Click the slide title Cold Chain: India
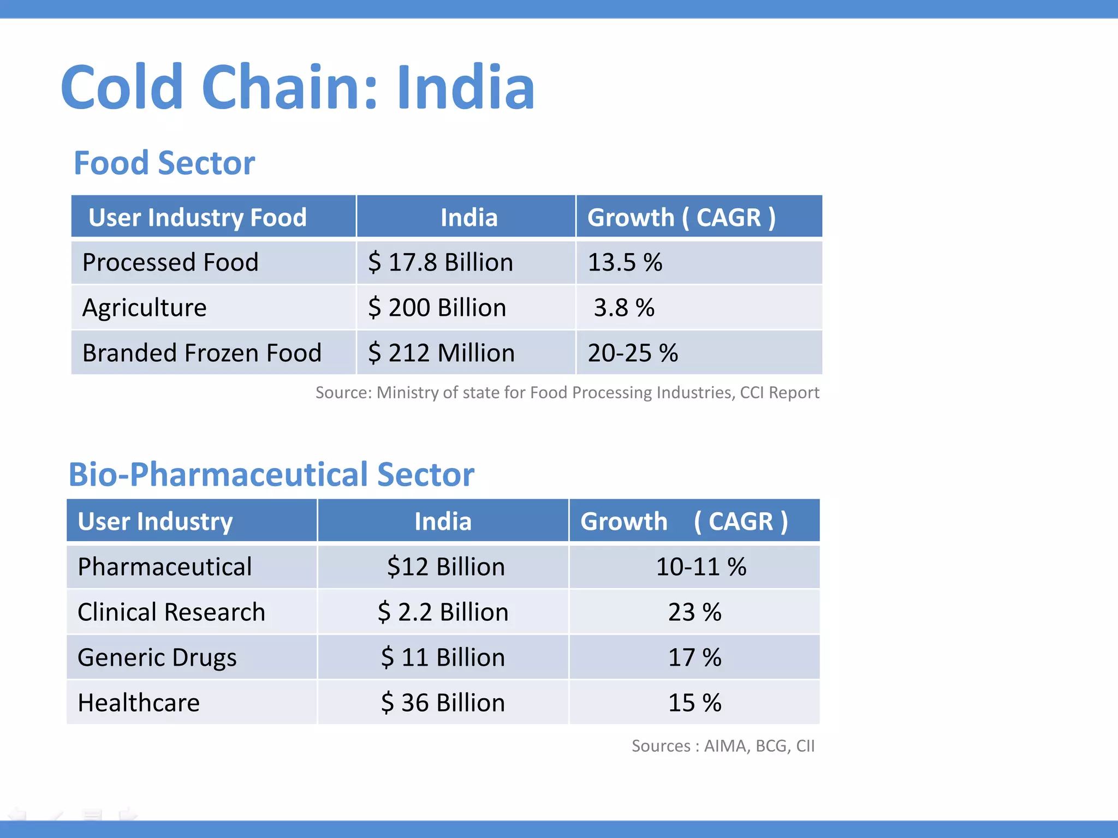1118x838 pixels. pyautogui.click(x=298, y=87)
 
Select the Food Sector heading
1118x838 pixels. pyautogui.click(x=164, y=163)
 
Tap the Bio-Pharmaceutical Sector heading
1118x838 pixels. pyautogui.click(x=271, y=474)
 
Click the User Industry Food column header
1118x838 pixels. pyautogui.click(x=197, y=217)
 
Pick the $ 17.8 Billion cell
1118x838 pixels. pyautogui.click(x=440, y=262)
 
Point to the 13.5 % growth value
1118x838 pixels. pyautogui.click(x=625, y=262)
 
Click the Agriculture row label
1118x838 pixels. pyautogui.click(x=145, y=308)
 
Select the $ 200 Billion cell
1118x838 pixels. pyautogui.click(x=437, y=308)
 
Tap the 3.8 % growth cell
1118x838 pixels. pyautogui.click(x=624, y=308)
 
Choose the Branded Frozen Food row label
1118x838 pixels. pyautogui.click(x=202, y=353)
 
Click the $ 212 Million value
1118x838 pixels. pyautogui.click(x=441, y=353)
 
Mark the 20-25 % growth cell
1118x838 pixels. pyautogui.click(x=633, y=353)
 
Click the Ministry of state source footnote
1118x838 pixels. pyautogui.click(x=567, y=392)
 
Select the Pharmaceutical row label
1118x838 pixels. pyautogui.click(x=164, y=567)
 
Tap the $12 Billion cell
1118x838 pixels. pyautogui.click(x=445, y=567)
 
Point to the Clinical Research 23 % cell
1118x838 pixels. pyautogui.click(x=694, y=612)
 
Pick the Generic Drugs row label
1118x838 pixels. pyautogui.click(x=157, y=657)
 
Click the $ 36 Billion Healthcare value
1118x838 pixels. pyautogui.click(x=443, y=703)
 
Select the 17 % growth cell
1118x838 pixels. pyautogui.click(x=694, y=657)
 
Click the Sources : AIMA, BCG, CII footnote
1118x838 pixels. pyautogui.click(x=723, y=746)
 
